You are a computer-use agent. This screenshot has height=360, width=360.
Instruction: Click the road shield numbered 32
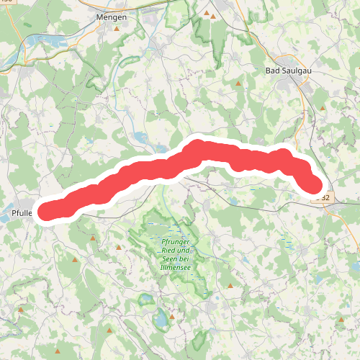point(325,197)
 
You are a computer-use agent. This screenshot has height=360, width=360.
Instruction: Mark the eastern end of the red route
point(315,187)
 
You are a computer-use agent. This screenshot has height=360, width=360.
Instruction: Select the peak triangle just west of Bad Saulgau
point(238,84)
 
